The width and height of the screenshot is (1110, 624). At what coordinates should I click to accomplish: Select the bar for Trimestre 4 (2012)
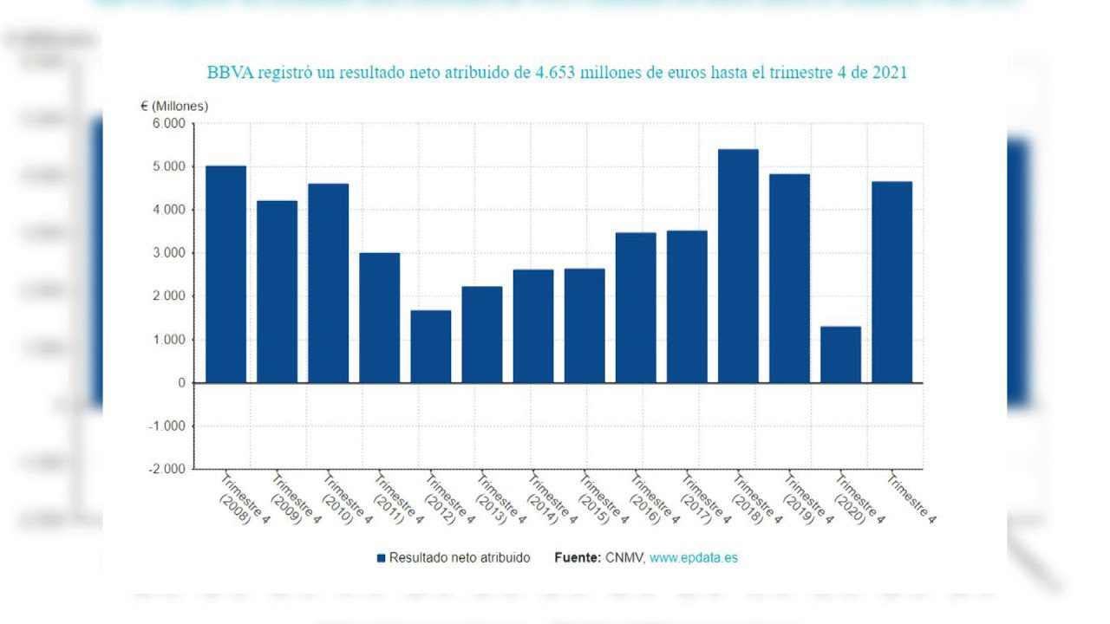[430, 347]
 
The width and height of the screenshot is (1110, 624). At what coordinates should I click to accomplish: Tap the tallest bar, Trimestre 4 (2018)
[738, 266]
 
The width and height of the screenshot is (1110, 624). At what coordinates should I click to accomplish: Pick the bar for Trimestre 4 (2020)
[840, 354]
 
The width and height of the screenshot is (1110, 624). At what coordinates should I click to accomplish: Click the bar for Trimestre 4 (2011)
[379, 317]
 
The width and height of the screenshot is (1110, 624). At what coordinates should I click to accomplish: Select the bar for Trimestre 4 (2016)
[636, 308]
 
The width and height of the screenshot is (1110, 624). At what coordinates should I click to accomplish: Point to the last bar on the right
[891, 282]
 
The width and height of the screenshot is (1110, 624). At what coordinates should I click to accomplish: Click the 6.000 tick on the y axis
[168, 124]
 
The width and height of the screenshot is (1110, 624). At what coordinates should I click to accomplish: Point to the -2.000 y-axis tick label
[166, 469]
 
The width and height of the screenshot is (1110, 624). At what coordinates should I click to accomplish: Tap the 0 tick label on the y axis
[180, 383]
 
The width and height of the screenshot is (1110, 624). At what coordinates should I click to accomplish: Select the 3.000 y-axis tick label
[168, 253]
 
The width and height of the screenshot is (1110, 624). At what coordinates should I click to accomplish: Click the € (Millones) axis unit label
[174, 106]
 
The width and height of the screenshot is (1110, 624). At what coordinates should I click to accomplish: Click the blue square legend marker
[381, 558]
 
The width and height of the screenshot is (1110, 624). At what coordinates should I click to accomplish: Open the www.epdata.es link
[693, 558]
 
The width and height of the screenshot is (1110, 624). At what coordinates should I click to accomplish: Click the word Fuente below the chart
[577, 558]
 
